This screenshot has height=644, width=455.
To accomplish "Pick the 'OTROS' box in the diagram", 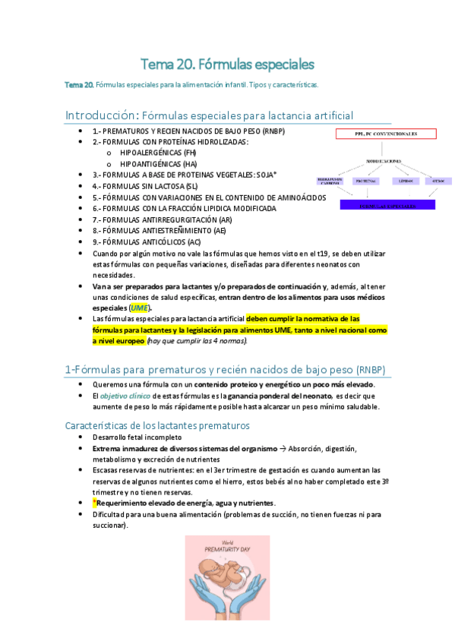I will pyautogui.click(x=438, y=182).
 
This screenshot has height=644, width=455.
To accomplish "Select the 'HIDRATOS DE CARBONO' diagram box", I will pyautogui.click(x=330, y=182).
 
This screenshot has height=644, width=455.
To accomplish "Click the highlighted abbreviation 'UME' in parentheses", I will pyautogui.click(x=139, y=308).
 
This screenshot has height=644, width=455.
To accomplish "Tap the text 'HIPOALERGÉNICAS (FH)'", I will pyautogui.click(x=158, y=152).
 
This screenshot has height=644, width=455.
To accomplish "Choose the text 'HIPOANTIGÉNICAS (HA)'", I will pyautogui.click(x=159, y=163).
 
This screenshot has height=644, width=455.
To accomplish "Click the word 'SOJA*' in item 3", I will pyautogui.click(x=267, y=175).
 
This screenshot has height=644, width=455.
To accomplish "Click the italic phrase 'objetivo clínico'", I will pyautogui.click(x=125, y=396).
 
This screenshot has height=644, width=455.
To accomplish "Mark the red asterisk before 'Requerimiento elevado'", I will pyautogui.click(x=95, y=503).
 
